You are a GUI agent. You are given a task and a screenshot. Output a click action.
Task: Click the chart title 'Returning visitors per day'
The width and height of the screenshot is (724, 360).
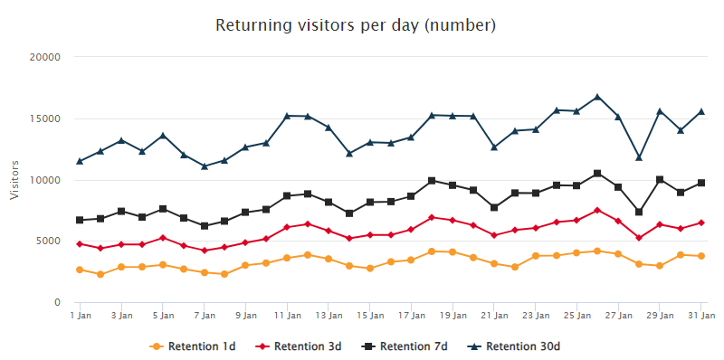(356, 24)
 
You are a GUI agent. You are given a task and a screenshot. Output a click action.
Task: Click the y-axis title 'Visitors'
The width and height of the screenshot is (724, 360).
(14, 179)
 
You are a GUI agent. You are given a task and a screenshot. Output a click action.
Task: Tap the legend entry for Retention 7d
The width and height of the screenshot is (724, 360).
(407, 346)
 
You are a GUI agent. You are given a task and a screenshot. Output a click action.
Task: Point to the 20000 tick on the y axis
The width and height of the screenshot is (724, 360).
(44, 57)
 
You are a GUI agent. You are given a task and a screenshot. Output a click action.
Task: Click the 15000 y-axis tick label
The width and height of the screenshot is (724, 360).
(44, 118)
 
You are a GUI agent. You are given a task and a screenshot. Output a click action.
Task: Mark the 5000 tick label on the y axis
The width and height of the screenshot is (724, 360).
(47, 242)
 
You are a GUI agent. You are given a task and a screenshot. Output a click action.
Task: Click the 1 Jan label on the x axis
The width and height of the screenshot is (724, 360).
(80, 316)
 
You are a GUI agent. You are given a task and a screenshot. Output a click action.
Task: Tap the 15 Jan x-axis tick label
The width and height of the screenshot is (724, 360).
(369, 316)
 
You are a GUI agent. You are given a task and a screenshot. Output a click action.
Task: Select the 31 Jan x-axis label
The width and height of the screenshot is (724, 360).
(701, 316)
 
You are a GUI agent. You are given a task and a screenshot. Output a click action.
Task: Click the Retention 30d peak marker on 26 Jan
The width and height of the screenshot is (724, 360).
(597, 97)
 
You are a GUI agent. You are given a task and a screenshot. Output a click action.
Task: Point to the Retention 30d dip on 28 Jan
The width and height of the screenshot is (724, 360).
(639, 157)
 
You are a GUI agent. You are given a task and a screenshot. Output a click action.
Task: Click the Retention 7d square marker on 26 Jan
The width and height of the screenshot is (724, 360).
(597, 174)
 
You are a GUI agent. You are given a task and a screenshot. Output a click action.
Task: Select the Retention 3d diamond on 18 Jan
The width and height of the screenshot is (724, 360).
(432, 217)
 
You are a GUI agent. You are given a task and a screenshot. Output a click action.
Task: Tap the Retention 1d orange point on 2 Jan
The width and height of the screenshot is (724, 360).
(100, 274)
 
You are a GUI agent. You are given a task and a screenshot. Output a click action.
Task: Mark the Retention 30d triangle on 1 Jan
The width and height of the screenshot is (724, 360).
(80, 161)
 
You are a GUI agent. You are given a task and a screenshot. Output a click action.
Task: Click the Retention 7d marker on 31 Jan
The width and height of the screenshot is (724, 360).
(701, 183)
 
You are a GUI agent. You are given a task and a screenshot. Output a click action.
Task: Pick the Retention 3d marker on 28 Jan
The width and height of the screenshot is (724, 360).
(639, 238)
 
